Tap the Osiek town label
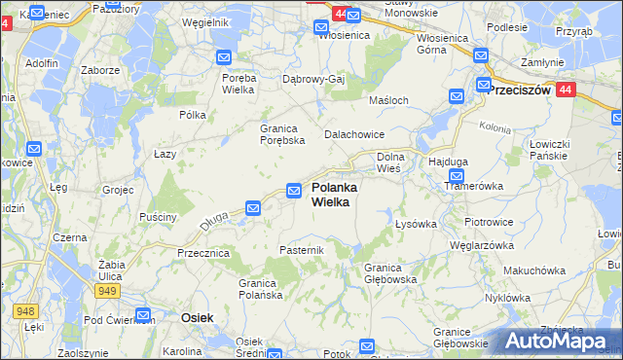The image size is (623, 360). tap(198, 317)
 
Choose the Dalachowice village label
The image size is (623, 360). tap(354, 134)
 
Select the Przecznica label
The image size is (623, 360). tap(202, 252)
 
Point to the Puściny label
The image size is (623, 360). tap(158, 216)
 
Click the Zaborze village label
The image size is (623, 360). tap(100, 70)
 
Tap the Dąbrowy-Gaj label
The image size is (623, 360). tap(314, 79)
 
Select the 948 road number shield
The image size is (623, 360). tap(25, 311)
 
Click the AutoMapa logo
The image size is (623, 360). tap(557, 341)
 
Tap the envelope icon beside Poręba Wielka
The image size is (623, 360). tap(223, 57)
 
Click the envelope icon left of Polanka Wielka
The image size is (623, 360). tap(294, 191)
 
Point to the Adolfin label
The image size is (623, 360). tap(43, 63)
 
